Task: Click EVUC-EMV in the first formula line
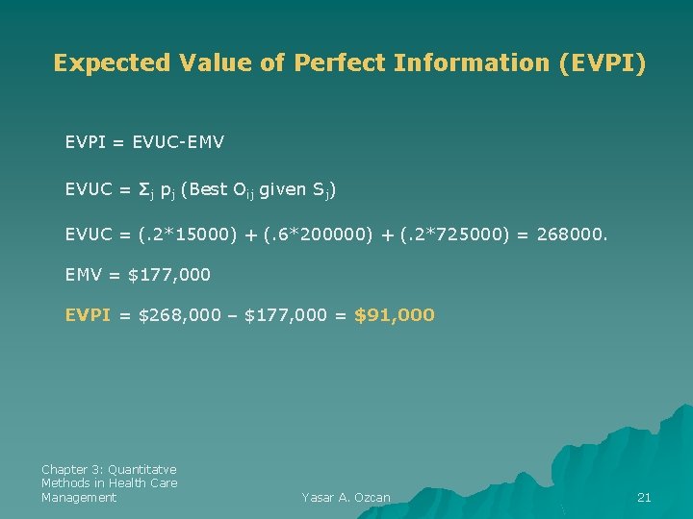[179, 142]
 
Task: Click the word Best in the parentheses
[210, 189]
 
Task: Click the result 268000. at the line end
[573, 233]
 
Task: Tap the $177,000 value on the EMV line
[169, 275]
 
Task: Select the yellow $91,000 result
[395, 314]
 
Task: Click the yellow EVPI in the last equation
[89, 314]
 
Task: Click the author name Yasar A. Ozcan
[346, 497]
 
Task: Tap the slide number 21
[645, 497]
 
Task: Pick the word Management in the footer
[79, 497]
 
